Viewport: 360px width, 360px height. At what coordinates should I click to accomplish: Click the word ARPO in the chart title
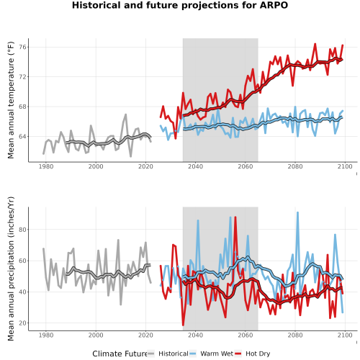pyautogui.click(x=274, y=5)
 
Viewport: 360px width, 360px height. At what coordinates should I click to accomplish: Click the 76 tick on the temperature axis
pyautogui.click(x=22, y=47)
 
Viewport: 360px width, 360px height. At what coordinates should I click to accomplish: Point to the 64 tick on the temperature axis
pyautogui.click(x=22, y=136)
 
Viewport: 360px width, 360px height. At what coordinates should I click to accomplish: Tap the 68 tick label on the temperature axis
pyautogui.click(x=22, y=107)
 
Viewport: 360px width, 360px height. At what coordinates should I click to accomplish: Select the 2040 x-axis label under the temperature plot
pyautogui.click(x=195, y=166)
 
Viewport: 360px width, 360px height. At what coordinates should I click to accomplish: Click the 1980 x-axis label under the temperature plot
pyautogui.click(x=46, y=166)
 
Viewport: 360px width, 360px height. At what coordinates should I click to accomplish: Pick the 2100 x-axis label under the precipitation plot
pyautogui.click(x=345, y=335)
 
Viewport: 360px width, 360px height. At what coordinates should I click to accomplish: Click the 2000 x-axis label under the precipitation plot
pyautogui.click(x=96, y=335)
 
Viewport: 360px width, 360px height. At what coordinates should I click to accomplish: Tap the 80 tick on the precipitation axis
pyautogui.click(x=22, y=230)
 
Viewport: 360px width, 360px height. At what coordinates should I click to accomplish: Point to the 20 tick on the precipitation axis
pyautogui.click(x=22, y=323)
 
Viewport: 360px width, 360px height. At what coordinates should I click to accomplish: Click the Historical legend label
pyautogui.click(x=174, y=354)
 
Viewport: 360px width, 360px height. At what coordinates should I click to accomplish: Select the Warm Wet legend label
pyautogui.click(x=217, y=354)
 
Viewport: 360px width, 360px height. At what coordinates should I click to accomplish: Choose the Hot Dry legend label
pyautogui.click(x=258, y=354)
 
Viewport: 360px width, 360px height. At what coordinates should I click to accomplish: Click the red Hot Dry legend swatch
pyautogui.click(x=238, y=354)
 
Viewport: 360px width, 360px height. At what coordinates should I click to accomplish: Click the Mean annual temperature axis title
pyautogui.click(x=11, y=100)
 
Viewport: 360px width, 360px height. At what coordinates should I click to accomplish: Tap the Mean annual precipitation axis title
pyautogui.click(x=11, y=269)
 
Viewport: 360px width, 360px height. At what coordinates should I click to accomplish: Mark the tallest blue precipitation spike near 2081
pyautogui.click(x=297, y=212)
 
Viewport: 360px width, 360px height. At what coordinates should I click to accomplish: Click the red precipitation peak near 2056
pyautogui.click(x=235, y=217)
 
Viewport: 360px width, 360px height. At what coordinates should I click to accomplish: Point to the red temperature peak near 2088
pyautogui.click(x=315, y=44)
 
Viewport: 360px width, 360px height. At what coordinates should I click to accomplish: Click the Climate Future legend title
pyautogui.click(x=120, y=354)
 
